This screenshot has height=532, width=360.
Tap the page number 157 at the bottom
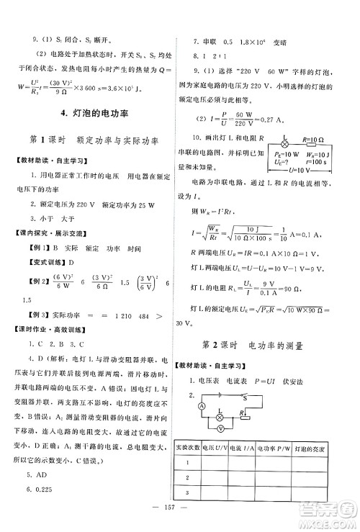point(180,520)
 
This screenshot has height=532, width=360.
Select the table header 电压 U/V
point(215,449)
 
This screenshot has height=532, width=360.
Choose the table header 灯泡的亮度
point(310,449)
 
